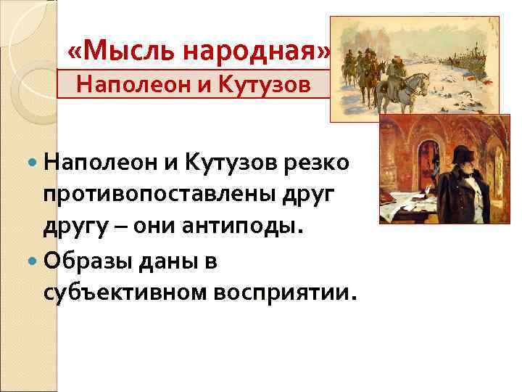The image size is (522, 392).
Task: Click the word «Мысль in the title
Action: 108,52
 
